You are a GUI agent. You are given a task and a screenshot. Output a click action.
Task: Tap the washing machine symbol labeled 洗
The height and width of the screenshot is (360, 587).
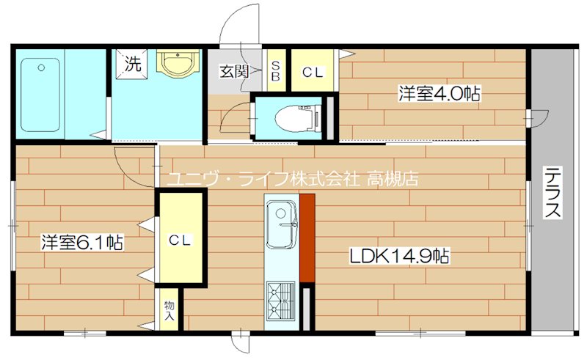(x=133, y=64)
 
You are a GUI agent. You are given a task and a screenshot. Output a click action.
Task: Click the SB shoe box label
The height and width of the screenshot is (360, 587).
(x=277, y=71)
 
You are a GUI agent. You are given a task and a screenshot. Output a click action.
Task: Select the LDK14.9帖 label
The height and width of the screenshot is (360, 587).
(x=399, y=256)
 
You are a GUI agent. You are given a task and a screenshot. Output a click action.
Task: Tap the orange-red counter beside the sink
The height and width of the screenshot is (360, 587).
(x=307, y=238)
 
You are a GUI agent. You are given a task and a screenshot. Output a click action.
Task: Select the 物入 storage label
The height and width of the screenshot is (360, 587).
(x=169, y=310)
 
